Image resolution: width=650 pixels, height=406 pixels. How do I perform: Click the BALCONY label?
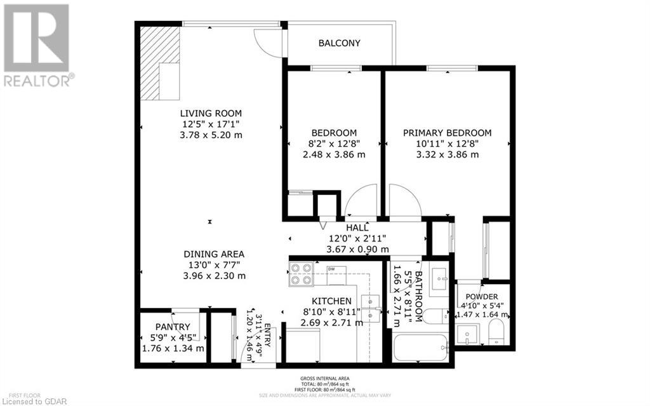pos(339,43)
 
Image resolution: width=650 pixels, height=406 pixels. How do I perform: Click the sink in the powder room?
pos(467,332)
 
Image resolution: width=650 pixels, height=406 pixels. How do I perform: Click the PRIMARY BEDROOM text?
pos(448,133)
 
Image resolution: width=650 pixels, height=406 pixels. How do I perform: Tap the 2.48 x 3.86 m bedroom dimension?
pos(333,154)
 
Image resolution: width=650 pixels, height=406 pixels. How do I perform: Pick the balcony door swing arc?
pos(267,43)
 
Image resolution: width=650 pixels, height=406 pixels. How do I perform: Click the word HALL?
pos(357,227)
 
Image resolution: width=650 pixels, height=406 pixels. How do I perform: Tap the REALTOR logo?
pos(37,44)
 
